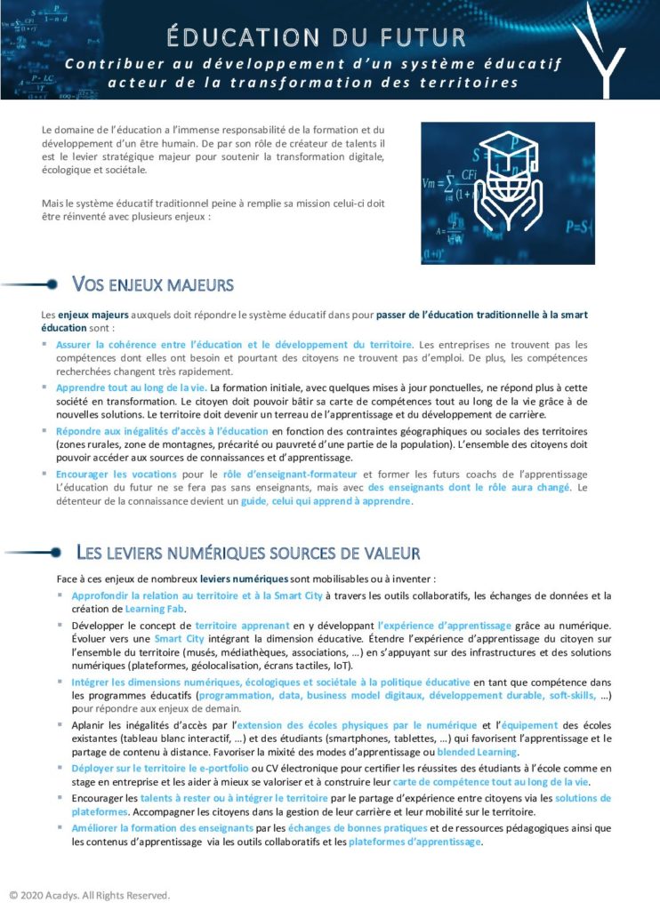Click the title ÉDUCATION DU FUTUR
point(317,37)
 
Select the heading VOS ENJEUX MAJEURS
point(152,285)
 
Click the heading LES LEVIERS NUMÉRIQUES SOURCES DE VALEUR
point(248,553)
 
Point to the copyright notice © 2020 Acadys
point(89,895)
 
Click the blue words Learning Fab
point(156,609)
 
